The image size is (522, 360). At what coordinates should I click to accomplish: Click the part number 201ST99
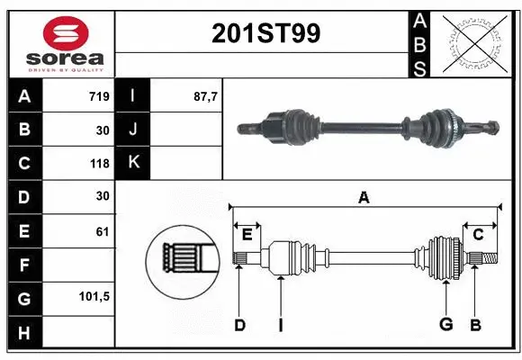[x=265, y=33]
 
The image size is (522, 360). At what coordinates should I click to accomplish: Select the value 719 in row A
[x=99, y=96]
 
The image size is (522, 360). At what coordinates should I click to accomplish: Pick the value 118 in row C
[x=99, y=164]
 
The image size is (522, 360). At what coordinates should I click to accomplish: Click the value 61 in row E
[x=103, y=231]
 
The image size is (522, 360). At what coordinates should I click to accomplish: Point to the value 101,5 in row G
[x=94, y=297]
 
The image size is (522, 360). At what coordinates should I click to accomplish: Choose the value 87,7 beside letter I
[x=206, y=96]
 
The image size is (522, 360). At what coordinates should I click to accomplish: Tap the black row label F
[x=24, y=265]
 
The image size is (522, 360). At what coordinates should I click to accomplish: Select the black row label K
[x=133, y=163]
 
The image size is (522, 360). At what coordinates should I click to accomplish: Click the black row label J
[x=133, y=130]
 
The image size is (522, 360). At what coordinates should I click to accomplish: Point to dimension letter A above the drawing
[x=364, y=197]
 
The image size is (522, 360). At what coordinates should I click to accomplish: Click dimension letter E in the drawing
[x=247, y=235]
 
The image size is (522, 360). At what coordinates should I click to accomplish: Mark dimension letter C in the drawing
[x=478, y=235]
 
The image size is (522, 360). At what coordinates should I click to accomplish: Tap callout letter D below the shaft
[x=239, y=325]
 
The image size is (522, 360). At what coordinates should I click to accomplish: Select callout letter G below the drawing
[x=445, y=325]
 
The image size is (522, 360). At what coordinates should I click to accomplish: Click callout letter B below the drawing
[x=476, y=325]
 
